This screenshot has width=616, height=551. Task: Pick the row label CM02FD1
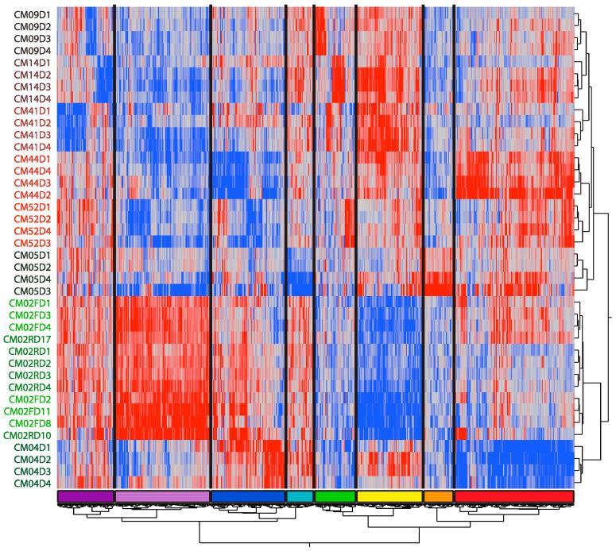pos(29,302)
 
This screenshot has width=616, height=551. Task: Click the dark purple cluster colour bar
pos(86,496)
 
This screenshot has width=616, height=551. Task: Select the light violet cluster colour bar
pos(162,496)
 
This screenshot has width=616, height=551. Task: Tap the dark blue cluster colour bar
pos(248,496)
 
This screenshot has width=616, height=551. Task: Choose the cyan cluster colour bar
pos(299,496)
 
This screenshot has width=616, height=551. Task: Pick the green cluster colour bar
pos(335,496)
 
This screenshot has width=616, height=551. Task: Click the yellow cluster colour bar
pos(389,496)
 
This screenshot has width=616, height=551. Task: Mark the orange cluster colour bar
pos(438,496)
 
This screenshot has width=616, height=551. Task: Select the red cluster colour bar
pos(513,496)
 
